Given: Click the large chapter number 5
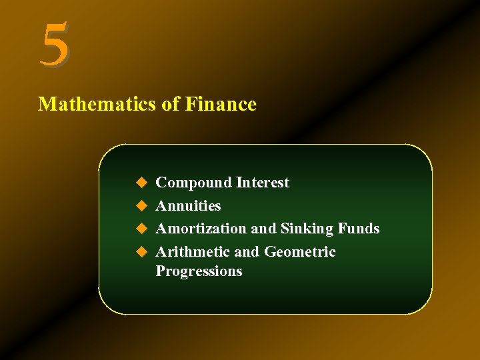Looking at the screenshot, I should (x=55, y=44).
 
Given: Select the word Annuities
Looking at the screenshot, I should (x=188, y=206).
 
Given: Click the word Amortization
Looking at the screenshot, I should (x=201, y=229).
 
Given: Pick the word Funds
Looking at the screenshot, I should (x=358, y=229).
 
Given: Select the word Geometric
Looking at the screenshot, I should (x=300, y=252).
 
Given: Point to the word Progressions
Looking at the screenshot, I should (x=199, y=271).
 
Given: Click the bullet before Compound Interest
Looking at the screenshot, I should (x=141, y=183).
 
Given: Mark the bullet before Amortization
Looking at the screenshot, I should (x=141, y=229).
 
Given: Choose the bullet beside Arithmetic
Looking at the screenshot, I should (x=141, y=252).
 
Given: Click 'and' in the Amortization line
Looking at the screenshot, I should (x=263, y=229).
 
